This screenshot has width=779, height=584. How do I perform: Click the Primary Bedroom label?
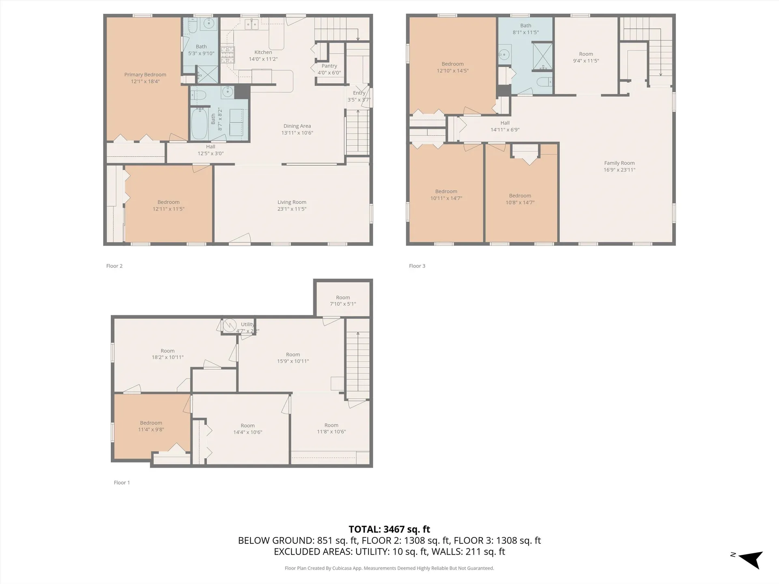coord(145,75)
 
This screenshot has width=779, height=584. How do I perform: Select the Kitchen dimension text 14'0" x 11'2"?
coord(263,59)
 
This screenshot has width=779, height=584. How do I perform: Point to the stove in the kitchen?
coord(228,55)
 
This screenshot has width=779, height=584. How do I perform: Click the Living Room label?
coord(292,202)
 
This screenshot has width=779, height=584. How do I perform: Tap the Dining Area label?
coord(297,126)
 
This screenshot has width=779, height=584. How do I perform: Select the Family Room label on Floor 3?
coord(619,163)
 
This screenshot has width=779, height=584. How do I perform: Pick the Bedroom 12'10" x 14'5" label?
coord(452,67)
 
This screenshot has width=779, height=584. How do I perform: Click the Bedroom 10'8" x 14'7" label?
coord(520,199)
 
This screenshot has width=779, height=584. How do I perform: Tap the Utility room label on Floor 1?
coord(247,324)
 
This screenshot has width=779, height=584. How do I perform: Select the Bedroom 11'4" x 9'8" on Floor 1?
coord(151,426)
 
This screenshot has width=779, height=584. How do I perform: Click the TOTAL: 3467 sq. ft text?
coord(389,529)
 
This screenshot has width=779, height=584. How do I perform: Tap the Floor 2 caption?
coord(114,266)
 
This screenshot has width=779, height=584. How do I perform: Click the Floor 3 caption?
coord(417,266)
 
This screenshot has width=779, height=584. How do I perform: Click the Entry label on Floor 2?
coord(359,93)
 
